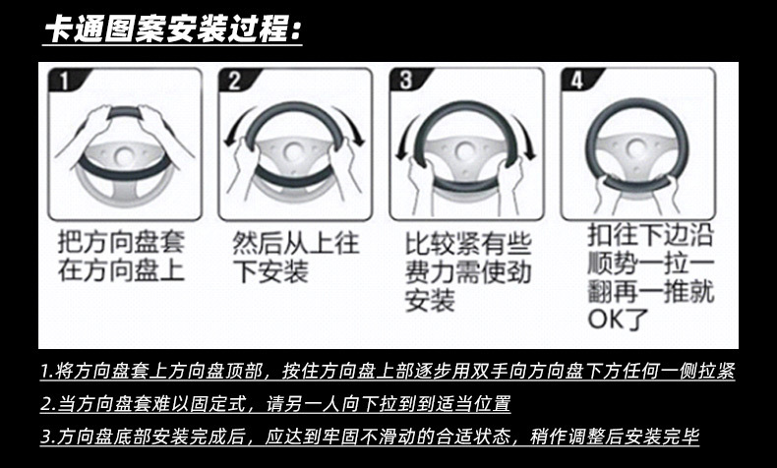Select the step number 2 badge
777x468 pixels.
(x=235, y=81)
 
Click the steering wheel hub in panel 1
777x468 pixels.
(x=123, y=157)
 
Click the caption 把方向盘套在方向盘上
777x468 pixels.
(x=121, y=257)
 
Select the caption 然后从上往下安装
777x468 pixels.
(x=295, y=258)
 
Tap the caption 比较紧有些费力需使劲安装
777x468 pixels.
(x=468, y=272)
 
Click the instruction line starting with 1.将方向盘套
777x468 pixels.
(x=388, y=371)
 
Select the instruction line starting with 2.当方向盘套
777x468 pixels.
(x=275, y=404)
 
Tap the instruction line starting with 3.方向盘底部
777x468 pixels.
(x=370, y=437)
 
